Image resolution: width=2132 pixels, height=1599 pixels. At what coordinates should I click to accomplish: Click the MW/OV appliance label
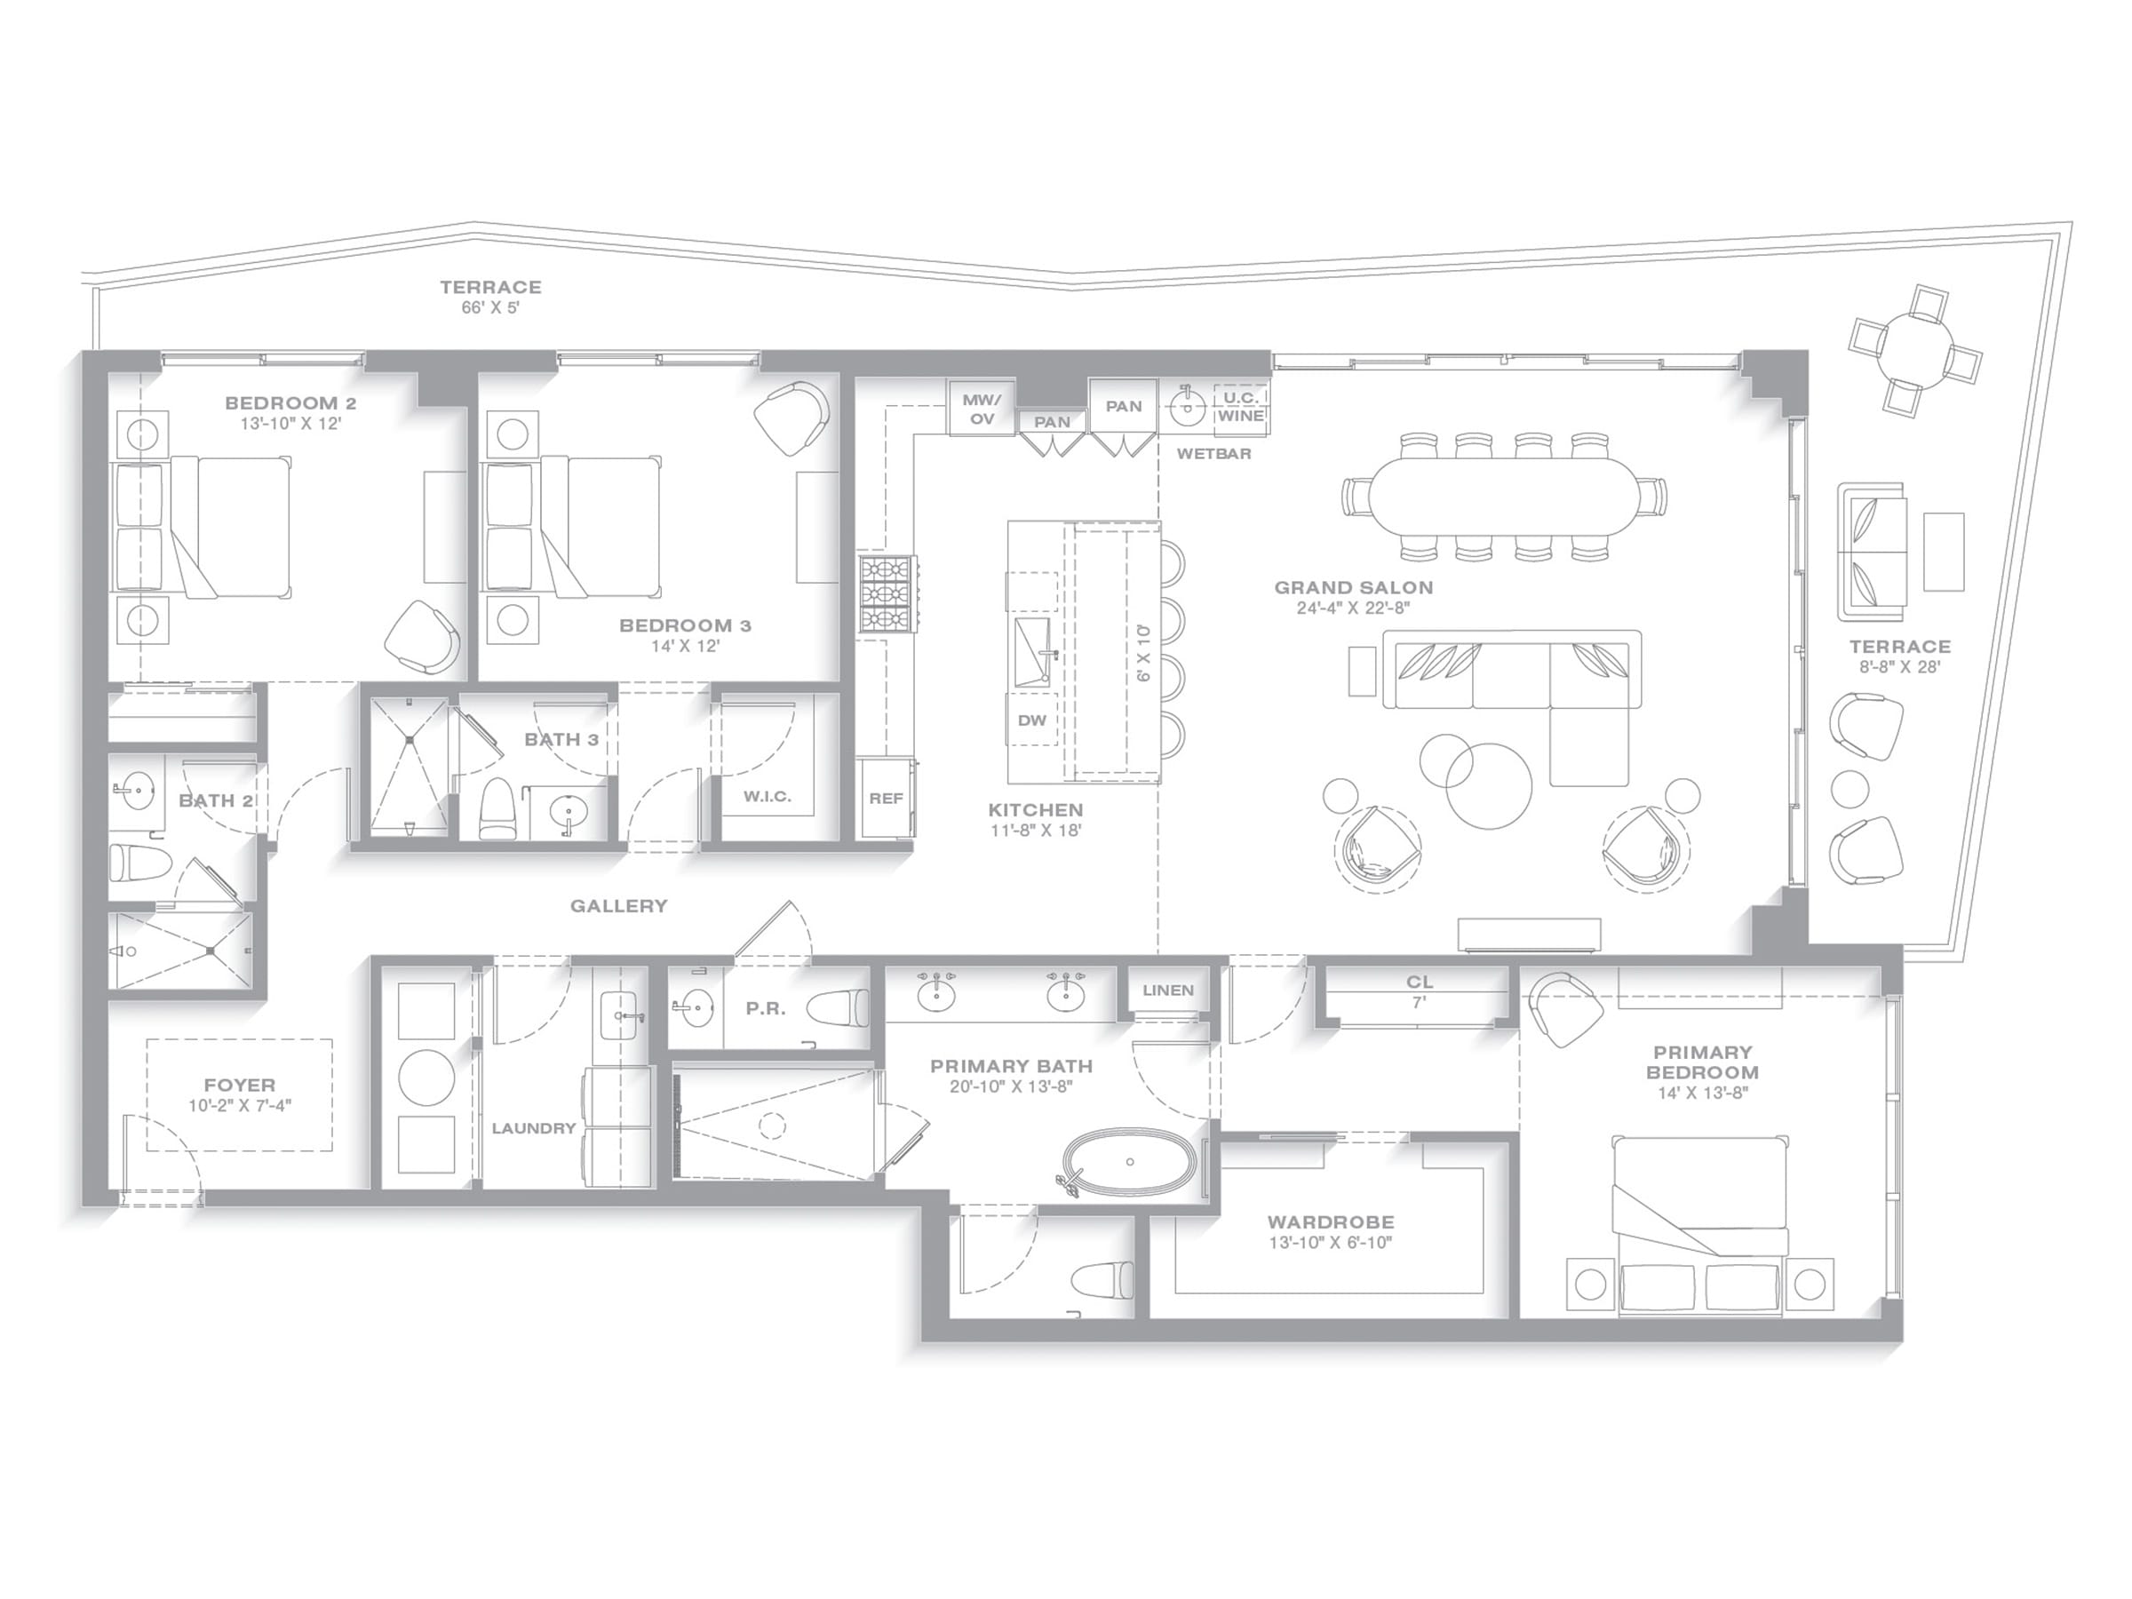[x=982, y=409]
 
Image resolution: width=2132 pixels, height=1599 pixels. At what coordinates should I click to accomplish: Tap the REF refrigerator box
[x=886, y=798]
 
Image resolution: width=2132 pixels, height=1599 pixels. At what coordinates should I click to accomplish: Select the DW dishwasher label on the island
[x=1031, y=720]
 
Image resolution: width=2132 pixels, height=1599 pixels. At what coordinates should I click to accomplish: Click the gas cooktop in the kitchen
[x=887, y=593]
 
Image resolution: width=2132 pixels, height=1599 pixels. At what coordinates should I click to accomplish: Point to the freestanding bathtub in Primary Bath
[x=1131, y=1164]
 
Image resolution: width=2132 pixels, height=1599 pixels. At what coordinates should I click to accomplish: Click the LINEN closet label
[x=1168, y=990]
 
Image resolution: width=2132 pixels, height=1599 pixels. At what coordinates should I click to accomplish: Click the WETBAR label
[x=1213, y=453]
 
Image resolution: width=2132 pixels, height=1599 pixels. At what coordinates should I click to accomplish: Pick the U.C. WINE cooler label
[x=1240, y=407]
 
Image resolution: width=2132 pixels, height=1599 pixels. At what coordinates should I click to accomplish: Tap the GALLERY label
[x=619, y=906]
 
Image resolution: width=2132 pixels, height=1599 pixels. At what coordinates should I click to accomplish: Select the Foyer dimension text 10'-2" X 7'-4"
[x=240, y=1105]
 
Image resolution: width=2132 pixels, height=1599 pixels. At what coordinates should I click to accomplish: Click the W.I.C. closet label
[x=768, y=797]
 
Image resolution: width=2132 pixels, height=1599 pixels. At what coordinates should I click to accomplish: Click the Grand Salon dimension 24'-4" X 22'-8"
[x=1353, y=609]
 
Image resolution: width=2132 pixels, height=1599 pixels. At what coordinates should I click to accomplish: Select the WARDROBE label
[x=1330, y=1222]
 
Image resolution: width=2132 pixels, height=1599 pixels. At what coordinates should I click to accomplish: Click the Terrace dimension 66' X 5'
[x=490, y=308]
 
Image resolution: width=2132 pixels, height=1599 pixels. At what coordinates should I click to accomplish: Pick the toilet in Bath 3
[x=498, y=807]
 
